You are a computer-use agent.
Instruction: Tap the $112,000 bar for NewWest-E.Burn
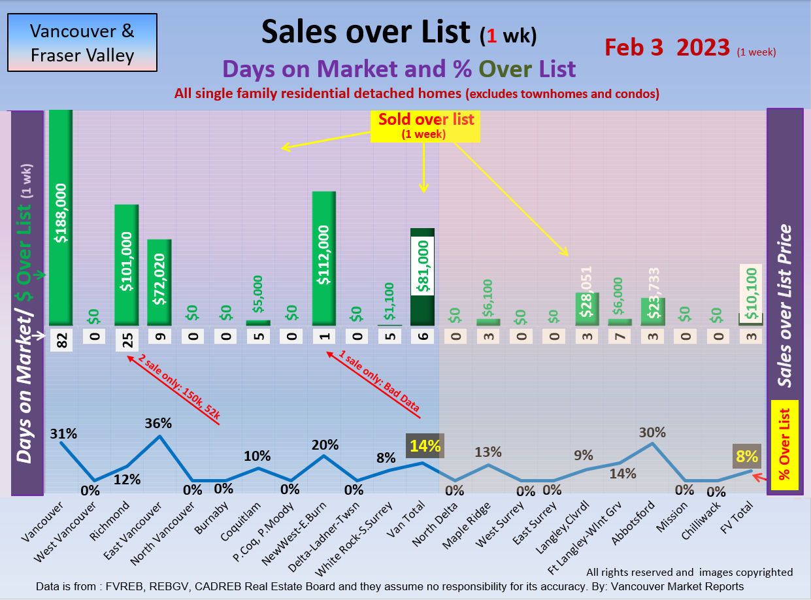coord(324,258)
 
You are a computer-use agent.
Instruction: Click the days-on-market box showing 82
coord(61,339)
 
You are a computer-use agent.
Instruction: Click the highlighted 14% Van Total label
coord(425,446)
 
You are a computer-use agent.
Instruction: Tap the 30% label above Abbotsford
coord(652,433)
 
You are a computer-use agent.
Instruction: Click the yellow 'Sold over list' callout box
coord(425,125)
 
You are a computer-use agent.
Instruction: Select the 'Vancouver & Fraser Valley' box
coord(82,43)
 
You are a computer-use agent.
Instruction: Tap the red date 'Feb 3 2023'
coord(667,48)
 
